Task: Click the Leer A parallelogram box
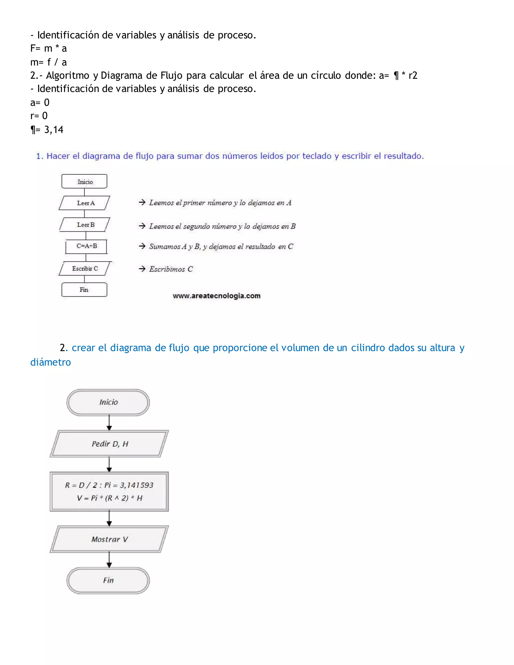(85, 203)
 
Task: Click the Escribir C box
(85, 269)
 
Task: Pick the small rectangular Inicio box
(84, 182)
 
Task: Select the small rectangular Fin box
(84, 290)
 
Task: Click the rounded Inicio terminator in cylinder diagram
(108, 402)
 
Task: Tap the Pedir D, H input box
(109, 444)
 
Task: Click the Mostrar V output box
(109, 539)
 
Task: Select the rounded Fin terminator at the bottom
(108, 580)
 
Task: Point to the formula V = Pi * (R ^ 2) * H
(110, 498)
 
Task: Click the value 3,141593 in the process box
(137, 485)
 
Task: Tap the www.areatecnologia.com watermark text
(217, 296)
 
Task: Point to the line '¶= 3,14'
(47, 130)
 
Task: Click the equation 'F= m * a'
(48, 48)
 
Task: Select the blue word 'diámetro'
(50, 362)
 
